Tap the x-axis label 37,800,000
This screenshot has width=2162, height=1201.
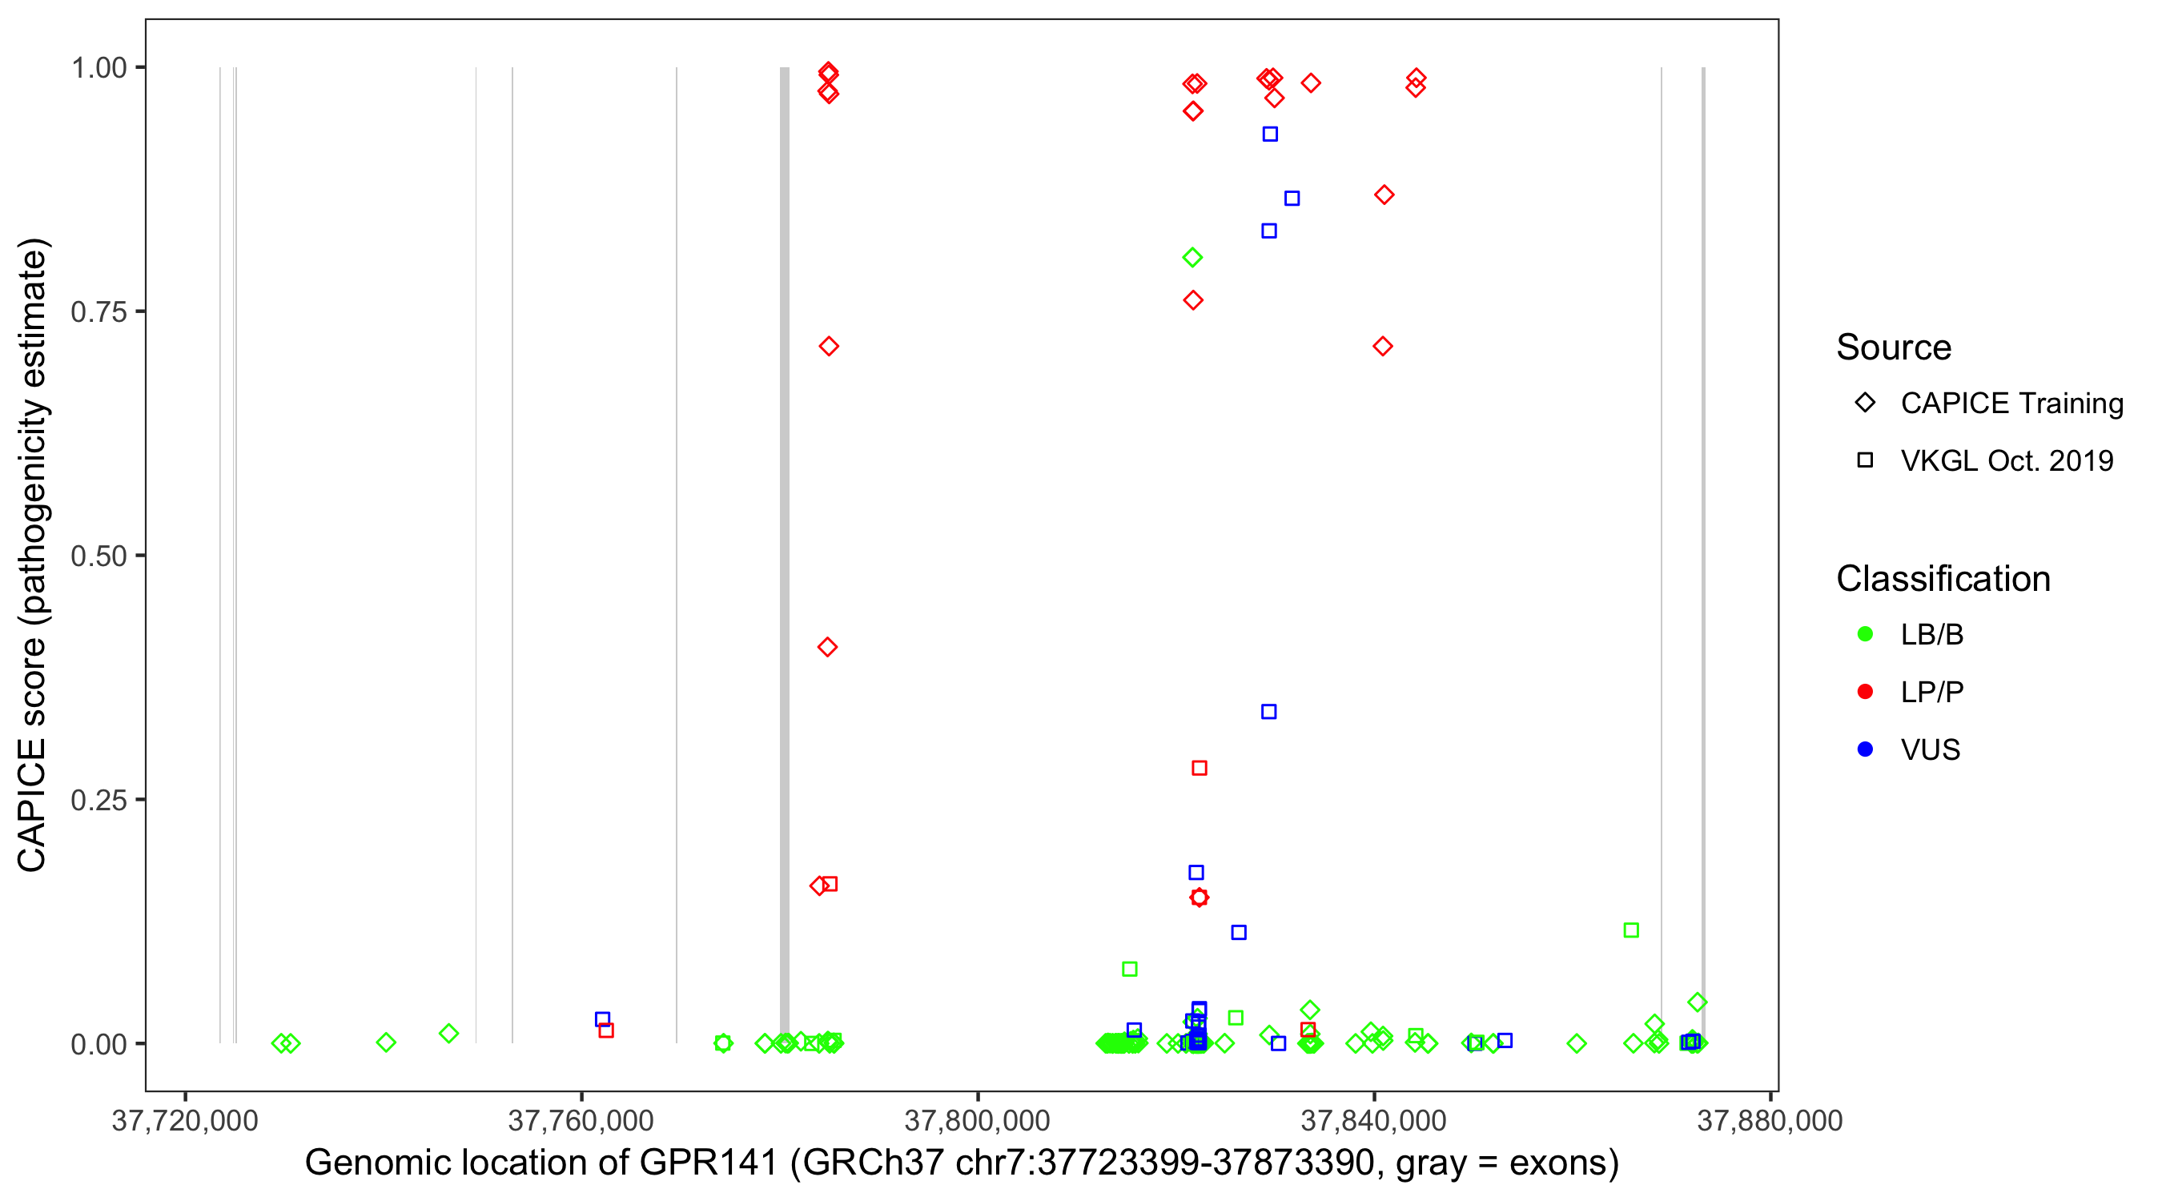(x=977, y=1120)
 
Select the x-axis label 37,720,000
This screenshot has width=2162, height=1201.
(x=185, y=1120)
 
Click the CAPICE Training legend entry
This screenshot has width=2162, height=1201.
(x=2011, y=403)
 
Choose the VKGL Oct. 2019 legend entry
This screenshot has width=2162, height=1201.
(x=2007, y=460)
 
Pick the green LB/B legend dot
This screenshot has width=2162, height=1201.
(x=1865, y=634)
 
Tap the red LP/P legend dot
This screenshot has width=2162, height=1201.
(x=1865, y=692)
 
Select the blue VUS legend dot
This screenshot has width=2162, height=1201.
(x=1865, y=749)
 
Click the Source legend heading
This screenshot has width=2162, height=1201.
(x=1894, y=347)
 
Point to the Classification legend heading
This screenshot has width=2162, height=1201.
(x=1943, y=579)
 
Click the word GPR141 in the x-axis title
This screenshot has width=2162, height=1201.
(x=709, y=1163)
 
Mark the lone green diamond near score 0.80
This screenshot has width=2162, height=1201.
(x=1192, y=258)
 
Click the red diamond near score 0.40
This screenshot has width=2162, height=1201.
(x=827, y=647)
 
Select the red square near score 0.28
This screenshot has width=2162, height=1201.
(x=1200, y=768)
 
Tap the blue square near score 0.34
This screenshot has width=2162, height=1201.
(x=1269, y=712)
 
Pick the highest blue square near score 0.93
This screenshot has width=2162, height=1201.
(x=1271, y=135)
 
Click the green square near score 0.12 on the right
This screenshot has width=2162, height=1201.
(x=1631, y=930)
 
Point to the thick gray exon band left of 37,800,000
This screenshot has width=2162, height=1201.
(x=785, y=554)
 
